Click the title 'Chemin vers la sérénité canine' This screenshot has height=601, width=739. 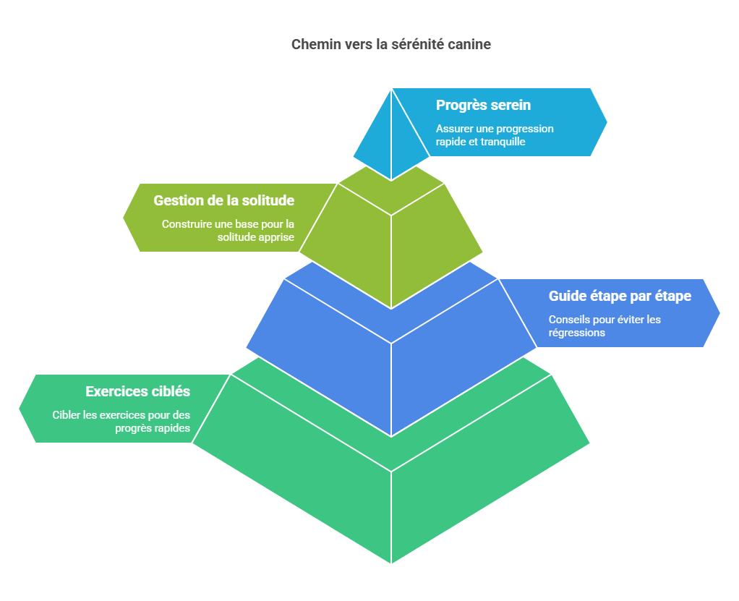pyautogui.click(x=390, y=44)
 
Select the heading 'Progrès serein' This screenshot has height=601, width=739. pyautogui.click(x=483, y=105)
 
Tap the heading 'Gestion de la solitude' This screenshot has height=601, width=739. pyautogui.click(x=224, y=200)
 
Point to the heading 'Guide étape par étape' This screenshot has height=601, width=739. pyautogui.click(x=620, y=296)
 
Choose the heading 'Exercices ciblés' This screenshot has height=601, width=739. pyautogui.click(x=137, y=391)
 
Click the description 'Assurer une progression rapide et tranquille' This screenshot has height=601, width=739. pyautogui.click(x=495, y=135)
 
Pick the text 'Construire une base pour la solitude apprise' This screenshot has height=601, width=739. pyautogui.click(x=228, y=231)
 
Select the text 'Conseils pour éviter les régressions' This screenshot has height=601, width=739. pyautogui.click(x=605, y=325)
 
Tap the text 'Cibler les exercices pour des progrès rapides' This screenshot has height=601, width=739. pyautogui.click(x=121, y=422)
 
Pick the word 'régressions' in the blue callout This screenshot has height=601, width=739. pyautogui.click(x=577, y=333)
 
